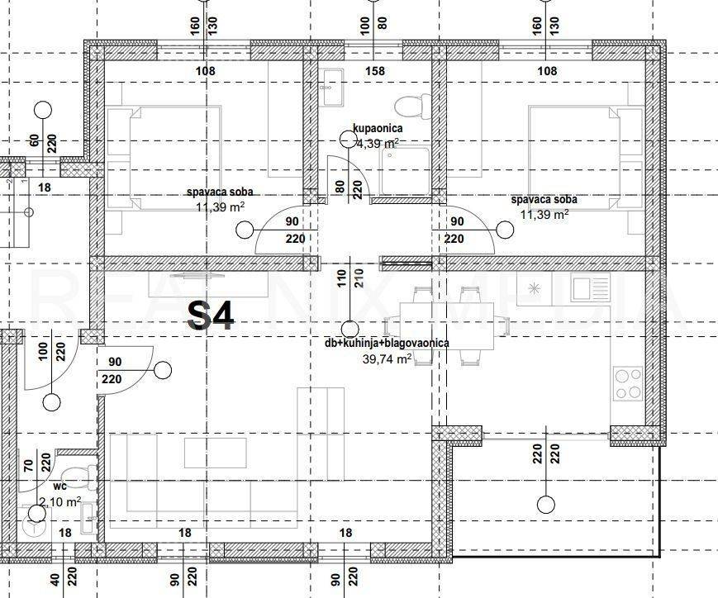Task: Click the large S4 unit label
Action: [212, 315]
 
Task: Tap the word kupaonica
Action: [377, 129]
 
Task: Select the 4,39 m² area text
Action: [378, 142]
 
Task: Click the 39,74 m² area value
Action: [387, 358]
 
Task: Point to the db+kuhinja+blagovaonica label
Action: [387, 344]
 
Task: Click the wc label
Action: [60, 487]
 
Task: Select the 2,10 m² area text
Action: [60, 501]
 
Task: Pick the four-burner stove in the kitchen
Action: [629, 382]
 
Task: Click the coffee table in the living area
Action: [215, 453]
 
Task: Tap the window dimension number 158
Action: [375, 71]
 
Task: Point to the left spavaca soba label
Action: [220, 193]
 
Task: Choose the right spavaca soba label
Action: [544, 200]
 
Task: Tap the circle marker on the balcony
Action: [544, 504]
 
